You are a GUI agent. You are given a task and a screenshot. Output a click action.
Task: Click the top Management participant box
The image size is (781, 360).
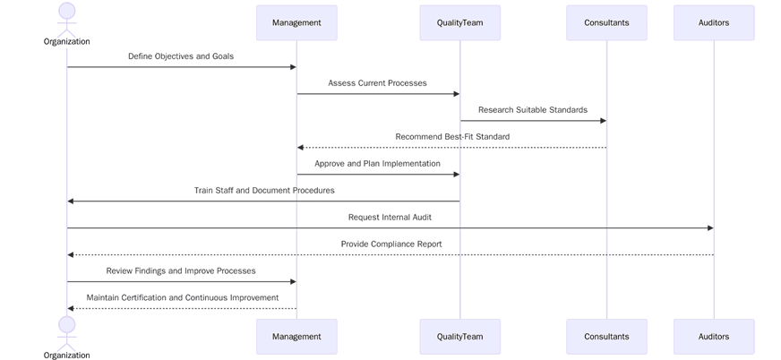[296, 23]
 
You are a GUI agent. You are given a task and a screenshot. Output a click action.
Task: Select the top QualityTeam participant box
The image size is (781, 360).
[459, 23]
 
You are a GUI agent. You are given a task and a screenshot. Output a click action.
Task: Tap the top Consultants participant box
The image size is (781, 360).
[606, 23]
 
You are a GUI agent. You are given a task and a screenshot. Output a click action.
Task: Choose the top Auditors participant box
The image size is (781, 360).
[714, 23]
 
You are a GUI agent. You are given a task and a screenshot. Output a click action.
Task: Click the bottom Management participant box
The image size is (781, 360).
[296, 337]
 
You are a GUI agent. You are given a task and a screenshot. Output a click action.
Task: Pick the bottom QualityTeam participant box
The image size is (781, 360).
[459, 337]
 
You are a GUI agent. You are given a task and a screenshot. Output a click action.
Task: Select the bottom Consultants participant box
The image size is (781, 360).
[606, 337]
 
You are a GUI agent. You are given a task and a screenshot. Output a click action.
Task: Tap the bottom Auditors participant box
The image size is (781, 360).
[714, 337]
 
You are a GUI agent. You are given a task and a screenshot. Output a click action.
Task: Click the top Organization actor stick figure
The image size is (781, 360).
[67, 18]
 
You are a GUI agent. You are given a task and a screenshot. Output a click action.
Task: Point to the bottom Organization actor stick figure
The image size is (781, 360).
[67, 331]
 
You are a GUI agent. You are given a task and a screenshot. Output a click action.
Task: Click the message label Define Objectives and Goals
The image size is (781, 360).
[181, 56]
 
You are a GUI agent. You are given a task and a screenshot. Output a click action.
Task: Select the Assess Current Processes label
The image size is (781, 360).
[377, 83]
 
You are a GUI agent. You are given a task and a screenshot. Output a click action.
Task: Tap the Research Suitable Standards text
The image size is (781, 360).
[533, 110]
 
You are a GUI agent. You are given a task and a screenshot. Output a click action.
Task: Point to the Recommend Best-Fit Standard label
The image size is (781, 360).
[452, 137]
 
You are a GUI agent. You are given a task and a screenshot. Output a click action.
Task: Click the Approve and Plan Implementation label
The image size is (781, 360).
[377, 164]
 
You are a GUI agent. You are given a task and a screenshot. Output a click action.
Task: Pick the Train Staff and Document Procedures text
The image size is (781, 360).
[264, 191]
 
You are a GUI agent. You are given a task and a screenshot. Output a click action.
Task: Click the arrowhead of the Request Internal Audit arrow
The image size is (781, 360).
[710, 228]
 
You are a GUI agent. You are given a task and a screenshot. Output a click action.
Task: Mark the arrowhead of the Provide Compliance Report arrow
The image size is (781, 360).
[71, 255]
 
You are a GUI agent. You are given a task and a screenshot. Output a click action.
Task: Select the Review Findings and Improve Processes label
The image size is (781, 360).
[181, 271]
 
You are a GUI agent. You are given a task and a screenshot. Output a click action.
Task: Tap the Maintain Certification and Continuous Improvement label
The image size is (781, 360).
[183, 298]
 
